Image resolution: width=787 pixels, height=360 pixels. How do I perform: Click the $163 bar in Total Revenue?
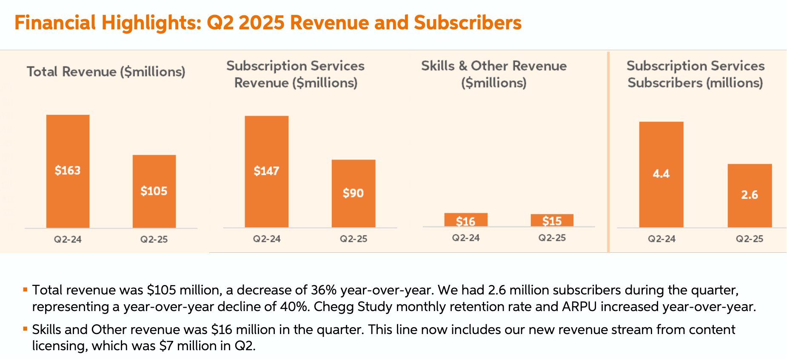pos(68,171)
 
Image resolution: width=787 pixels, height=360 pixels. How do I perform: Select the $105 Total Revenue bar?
pos(154,191)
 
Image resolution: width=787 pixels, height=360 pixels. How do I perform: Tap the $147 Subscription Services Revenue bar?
pos(266,171)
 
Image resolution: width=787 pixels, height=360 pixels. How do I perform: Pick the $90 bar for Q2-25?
pos(353,193)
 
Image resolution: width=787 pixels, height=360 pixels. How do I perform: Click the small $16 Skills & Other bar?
pos(466,220)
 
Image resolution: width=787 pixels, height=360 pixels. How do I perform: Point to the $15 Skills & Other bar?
pos(552,220)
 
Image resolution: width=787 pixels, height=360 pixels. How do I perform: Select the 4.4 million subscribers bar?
pos(661,174)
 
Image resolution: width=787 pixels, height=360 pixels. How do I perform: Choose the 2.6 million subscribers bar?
pos(750,195)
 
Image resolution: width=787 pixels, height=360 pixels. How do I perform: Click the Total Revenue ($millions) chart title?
pos(106,71)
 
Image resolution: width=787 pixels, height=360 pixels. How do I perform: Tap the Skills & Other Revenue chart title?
pos(494,74)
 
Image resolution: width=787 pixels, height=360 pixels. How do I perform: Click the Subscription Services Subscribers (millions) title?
pos(696,74)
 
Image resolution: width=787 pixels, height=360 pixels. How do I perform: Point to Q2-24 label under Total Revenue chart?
pos(68,239)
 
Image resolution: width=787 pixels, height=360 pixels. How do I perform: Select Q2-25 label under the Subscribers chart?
pos(750,239)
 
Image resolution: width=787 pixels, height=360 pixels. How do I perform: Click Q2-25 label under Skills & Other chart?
pos(552,238)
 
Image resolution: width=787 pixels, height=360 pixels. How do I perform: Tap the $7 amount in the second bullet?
pos(166,346)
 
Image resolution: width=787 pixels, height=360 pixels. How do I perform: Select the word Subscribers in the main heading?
pos(468,23)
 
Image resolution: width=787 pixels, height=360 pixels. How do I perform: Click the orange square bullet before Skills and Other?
pos(26,329)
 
